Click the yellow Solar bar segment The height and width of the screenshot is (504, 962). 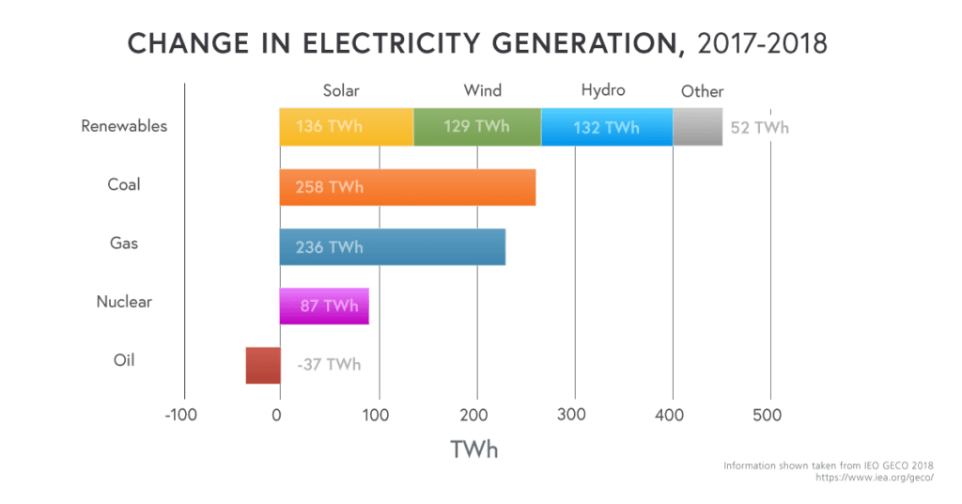(x=347, y=127)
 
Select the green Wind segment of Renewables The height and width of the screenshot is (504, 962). (x=477, y=127)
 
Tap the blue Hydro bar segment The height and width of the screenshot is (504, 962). (x=607, y=127)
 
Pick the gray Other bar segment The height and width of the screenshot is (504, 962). (x=698, y=127)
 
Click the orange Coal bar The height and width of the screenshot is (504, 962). (x=408, y=187)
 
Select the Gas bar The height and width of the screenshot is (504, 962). (x=393, y=246)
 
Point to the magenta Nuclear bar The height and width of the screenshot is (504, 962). (x=324, y=306)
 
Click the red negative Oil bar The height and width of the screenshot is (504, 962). (x=263, y=365)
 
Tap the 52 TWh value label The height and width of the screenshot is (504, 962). (x=759, y=128)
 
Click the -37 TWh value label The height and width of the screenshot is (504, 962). (x=329, y=365)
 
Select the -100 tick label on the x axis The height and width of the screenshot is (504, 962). (x=181, y=415)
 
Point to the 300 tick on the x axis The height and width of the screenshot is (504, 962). (x=571, y=415)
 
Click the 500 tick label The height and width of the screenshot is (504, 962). (x=767, y=415)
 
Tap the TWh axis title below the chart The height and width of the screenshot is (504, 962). (x=474, y=449)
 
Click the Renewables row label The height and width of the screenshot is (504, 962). (x=124, y=126)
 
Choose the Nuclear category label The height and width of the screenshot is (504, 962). (x=124, y=302)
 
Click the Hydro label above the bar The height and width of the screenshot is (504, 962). (x=603, y=91)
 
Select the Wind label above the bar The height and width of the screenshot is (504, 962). (x=482, y=91)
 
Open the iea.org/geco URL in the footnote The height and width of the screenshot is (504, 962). (x=875, y=477)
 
